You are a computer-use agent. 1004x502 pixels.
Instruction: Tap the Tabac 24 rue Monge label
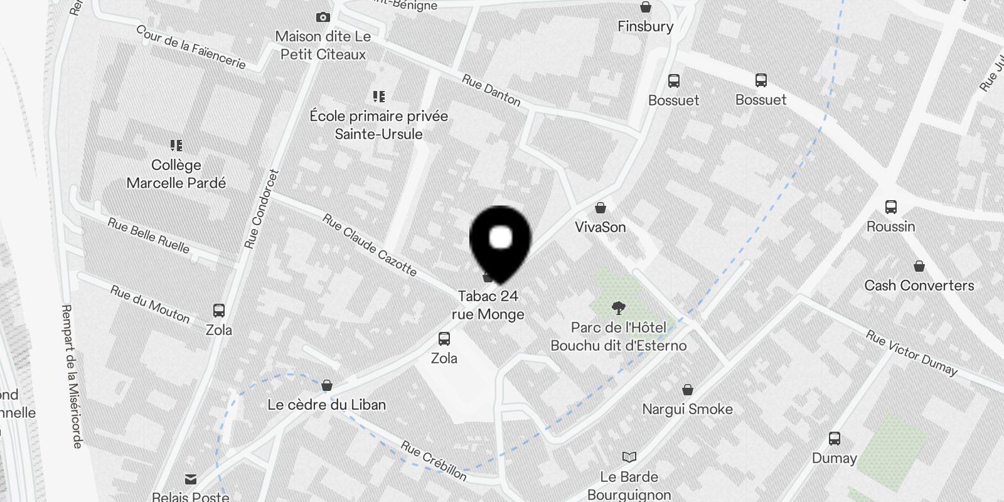[488, 305]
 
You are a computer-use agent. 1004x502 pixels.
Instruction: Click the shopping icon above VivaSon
[601, 208]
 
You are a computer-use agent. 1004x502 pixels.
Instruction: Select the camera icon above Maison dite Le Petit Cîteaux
[323, 17]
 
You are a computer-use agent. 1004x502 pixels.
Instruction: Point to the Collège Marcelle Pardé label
[176, 174]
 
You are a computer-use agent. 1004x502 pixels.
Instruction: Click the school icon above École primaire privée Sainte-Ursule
[378, 97]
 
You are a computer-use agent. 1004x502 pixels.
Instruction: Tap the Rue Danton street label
[491, 90]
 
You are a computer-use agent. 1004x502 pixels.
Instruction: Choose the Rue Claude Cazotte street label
[370, 244]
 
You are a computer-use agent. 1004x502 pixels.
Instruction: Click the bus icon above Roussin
[890, 207]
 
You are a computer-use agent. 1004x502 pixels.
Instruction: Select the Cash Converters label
[919, 286]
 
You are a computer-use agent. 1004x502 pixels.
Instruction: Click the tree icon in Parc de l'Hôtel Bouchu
[619, 307]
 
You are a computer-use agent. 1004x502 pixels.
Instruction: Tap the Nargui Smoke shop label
[687, 409]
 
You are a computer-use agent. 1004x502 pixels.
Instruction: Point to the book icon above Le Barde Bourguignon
[629, 457]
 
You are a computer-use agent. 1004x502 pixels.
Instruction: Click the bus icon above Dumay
[835, 439]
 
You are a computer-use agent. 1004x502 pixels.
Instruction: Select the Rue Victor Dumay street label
[912, 353]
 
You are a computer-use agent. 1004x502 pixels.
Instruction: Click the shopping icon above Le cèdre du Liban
[326, 385]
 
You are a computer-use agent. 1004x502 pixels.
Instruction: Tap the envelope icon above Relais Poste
[191, 479]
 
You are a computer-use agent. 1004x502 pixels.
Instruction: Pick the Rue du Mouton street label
[150, 304]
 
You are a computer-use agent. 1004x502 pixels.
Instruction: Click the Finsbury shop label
[645, 26]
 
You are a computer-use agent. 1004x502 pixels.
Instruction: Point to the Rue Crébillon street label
[434, 461]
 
